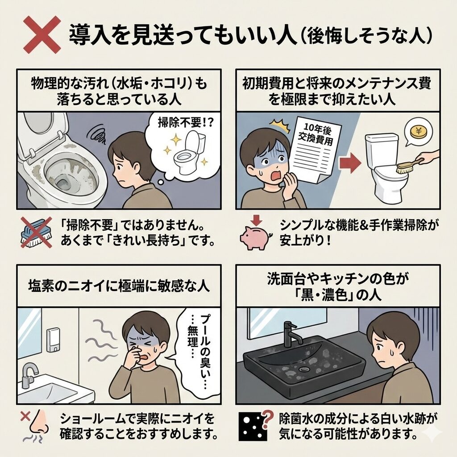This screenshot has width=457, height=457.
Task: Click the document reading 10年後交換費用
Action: click(312, 149)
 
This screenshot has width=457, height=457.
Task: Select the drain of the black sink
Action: click(304, 369)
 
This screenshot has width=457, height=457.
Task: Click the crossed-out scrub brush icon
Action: click(37, 232)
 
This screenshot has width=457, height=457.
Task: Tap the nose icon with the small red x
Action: click(37, 425)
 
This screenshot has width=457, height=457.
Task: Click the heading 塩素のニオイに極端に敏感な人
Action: click(119, 286)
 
